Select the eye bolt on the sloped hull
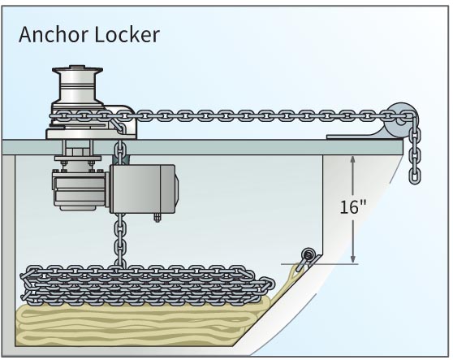(x=307, y=256)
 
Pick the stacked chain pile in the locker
(x=146, y=283)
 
